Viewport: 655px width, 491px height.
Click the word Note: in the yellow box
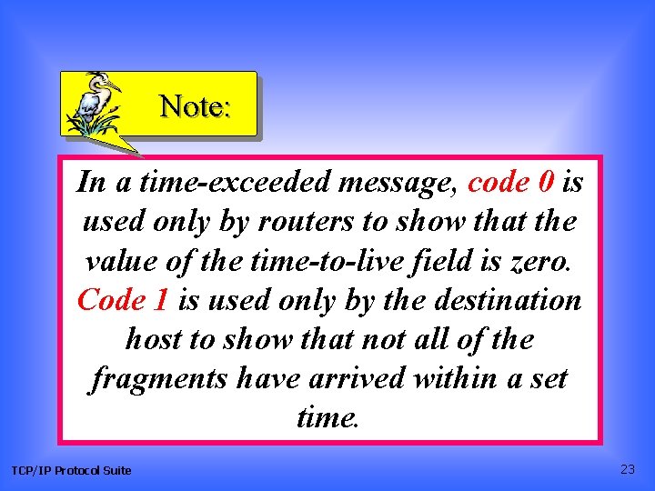coord(196,107)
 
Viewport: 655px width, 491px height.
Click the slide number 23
coord(627,469)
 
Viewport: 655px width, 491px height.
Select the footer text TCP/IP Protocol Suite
coord(71,470)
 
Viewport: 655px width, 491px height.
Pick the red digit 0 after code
coord(545,183)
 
